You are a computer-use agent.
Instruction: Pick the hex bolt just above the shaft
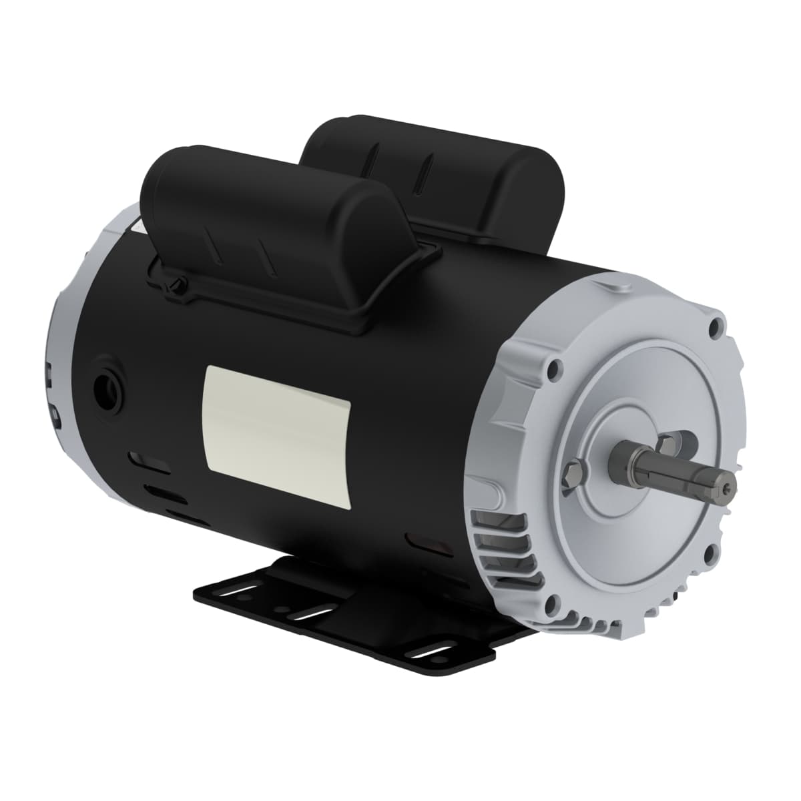pyautogui.click(x=667, y=443)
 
